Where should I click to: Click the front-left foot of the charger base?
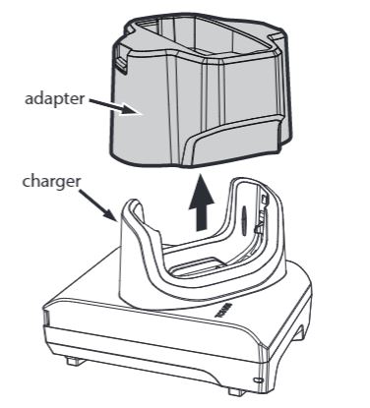point(74,360)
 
